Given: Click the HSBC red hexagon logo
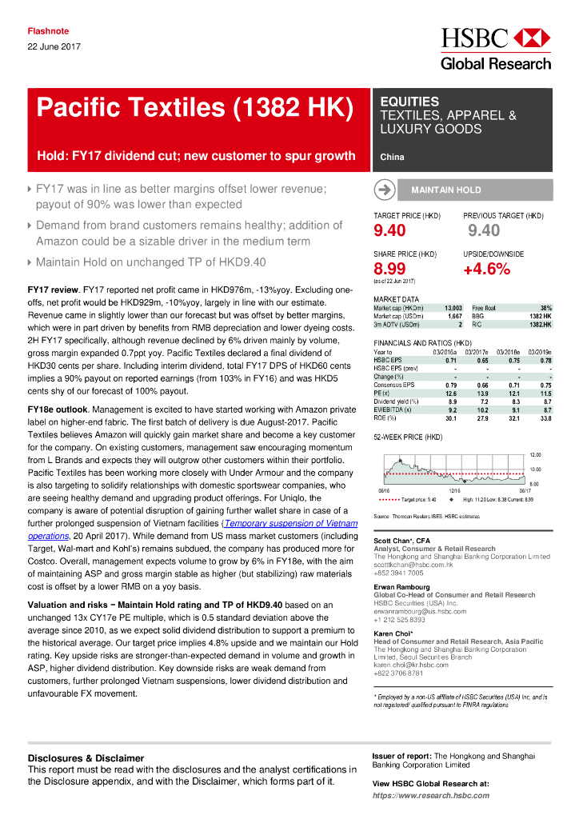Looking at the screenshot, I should click(x=531, y=38).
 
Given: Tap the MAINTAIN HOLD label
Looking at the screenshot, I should click(x=445, y=190).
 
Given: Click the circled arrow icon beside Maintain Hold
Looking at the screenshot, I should click(x=384, y=190).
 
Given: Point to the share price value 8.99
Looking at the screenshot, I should click(x=391, y=269).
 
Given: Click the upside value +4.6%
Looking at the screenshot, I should click(x=486, y=269).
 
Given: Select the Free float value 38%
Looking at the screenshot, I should click(x=545, y=308).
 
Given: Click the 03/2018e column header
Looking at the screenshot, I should click(x=510, y=352).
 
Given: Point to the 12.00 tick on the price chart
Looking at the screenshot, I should click(x=536, y=454).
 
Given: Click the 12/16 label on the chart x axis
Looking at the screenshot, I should click(x=453, y=491).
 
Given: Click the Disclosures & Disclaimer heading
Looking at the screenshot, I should click(x=86, y=758).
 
